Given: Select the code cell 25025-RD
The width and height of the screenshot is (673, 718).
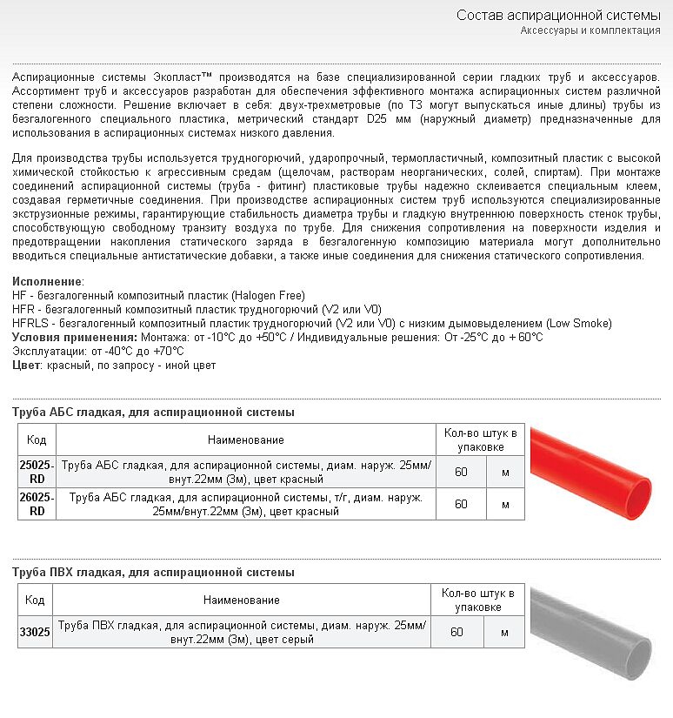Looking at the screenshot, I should pyautogui.click(x=37, y=472).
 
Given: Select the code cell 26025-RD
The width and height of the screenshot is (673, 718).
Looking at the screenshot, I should pyautogui.click(x=37, y=504).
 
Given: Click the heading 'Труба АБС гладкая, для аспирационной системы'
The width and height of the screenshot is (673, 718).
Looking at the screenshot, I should pyautogui.click(x=153, y=412).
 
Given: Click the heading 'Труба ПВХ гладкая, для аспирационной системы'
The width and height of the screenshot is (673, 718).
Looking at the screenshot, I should pyautogui.click(x=153, y=572).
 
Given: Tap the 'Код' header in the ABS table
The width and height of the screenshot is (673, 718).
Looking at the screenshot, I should pyautogui.click(x=37, y=440).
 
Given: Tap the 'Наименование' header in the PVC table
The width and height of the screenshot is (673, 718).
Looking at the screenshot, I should pyautogui.click(x=242, y=600).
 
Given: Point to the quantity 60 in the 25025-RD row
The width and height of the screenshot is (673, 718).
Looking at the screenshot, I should pyautogui.click(x=461, y=472).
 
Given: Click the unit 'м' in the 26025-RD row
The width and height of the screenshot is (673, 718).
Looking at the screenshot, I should pyautogui.click(x=505, y=504).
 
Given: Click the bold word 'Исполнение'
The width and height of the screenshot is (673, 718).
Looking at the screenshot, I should pyautogui.click(x=48, y=282).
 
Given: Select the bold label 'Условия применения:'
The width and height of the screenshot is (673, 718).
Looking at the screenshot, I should pyautogui.click(x=75, y=337).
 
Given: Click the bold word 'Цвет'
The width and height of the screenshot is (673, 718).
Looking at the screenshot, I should pyautogui.click(x=26, y=365).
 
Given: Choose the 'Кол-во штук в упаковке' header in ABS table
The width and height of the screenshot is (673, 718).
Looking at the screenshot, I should pyautogui.click(x=480, y=440).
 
